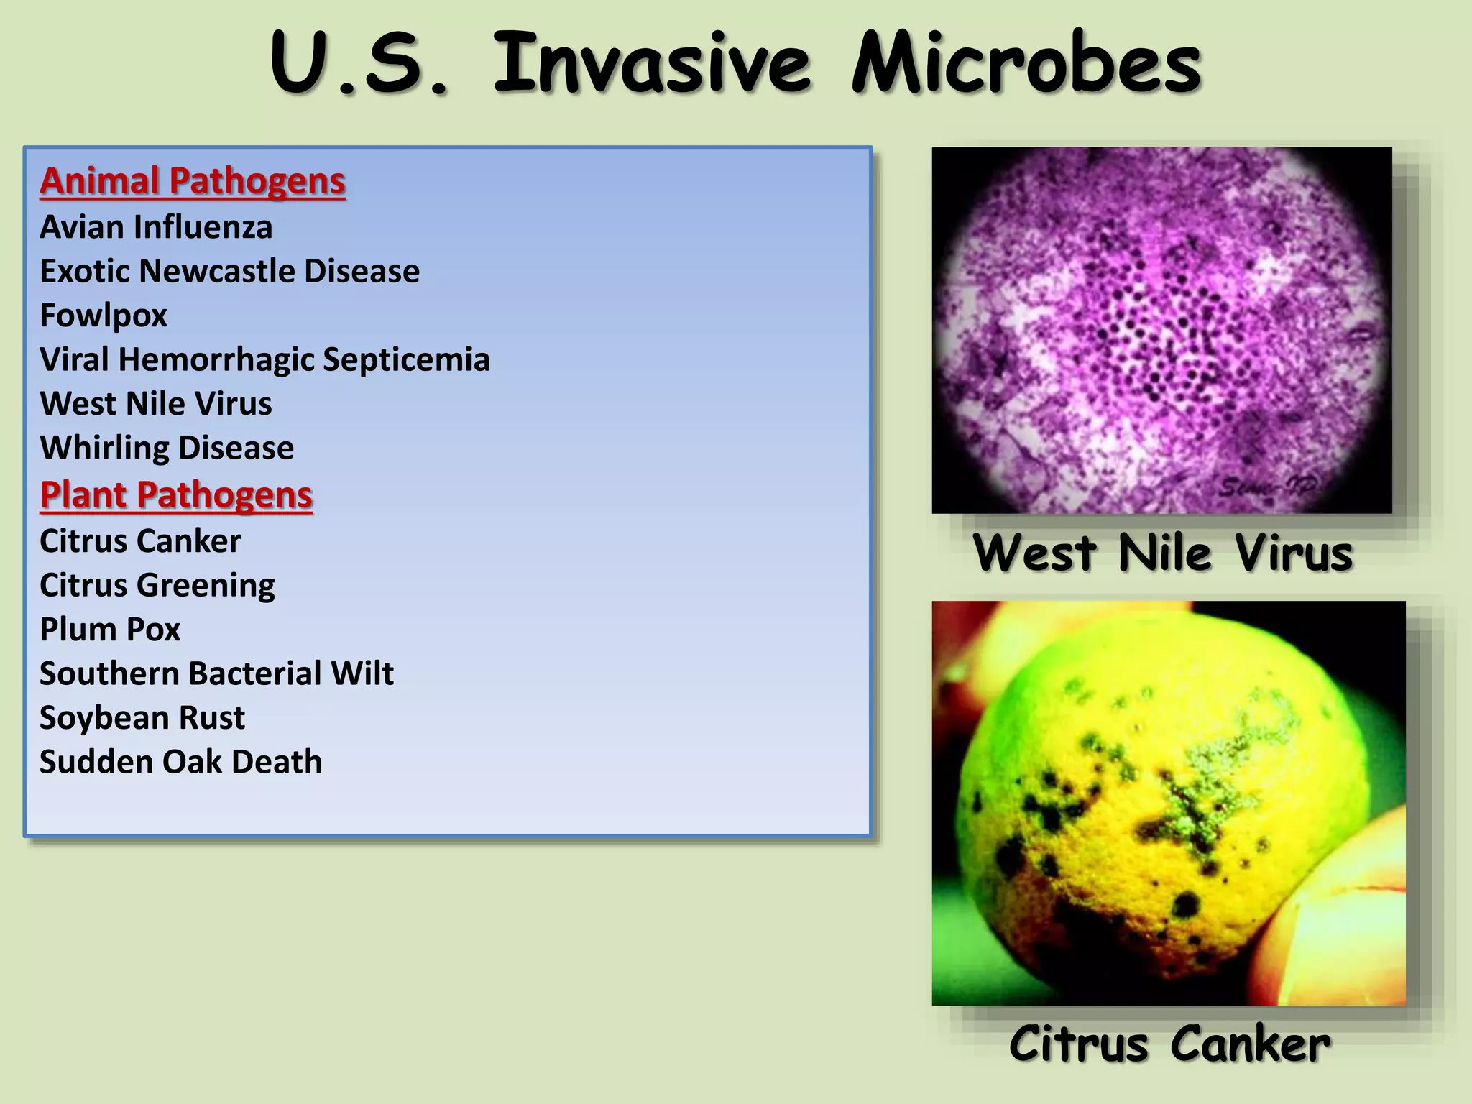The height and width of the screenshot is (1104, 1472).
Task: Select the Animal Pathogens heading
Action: click(x=193, y=180)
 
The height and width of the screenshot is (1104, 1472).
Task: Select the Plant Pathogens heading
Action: click(x=176, y=494)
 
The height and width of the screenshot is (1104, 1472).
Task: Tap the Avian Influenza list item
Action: click(x=156, y=227)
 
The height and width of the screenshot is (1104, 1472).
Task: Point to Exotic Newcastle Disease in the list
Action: click(x=229, y=271)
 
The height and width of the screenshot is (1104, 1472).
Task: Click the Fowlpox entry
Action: click(x=103, y=316)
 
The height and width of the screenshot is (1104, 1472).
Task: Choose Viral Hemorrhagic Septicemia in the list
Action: click(x=264, y=359)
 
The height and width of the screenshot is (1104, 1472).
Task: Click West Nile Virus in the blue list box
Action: click(x=156, y=403)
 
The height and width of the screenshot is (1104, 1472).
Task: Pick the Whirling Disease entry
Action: click(x=167, y=448)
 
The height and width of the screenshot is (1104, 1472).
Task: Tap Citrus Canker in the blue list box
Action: click(x=140, y=541)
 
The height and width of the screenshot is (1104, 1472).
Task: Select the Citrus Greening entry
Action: click(x=157, y=585)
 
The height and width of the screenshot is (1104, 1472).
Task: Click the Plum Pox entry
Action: click(x=110, y=630)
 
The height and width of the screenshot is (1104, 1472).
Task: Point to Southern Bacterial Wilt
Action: click(x=216, y=673)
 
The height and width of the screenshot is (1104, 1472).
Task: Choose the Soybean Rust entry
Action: click(x=142, y=717)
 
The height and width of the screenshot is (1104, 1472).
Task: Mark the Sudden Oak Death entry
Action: click(x=180, y=762)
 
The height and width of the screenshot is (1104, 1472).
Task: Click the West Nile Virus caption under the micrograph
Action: click(x=1162, y=553)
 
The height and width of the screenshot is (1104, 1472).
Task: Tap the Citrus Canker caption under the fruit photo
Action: click(x=1169, y=1044)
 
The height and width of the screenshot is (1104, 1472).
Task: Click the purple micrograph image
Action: click(x=1161, y=330)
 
